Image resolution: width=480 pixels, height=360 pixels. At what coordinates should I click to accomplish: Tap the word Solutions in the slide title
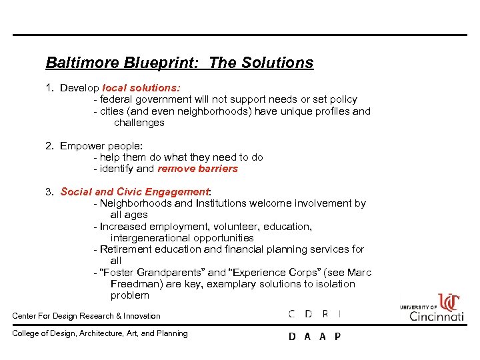coord(279,63)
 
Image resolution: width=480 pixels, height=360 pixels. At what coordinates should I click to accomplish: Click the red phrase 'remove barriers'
coord(197,169)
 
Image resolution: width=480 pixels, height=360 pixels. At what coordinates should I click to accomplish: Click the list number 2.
coord(49,146)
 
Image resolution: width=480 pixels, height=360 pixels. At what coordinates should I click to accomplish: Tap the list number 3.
coord(49,192)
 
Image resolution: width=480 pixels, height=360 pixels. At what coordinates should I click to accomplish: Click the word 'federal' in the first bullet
coord(117,99)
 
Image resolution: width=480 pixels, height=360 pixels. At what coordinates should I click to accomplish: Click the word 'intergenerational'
coord(150,238)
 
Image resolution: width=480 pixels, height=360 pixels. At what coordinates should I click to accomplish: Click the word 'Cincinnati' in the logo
coord(437,315)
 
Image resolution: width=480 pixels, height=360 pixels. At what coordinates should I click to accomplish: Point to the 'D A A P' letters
coord(314,337)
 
